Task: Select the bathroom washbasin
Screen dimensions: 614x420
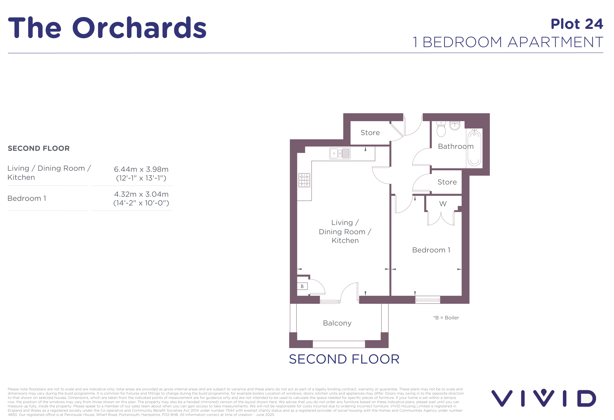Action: point(455,125)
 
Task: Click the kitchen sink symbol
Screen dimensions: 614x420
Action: point(340,153)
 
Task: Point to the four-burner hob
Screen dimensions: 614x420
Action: point(304,180)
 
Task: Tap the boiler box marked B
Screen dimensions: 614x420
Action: point(302,286)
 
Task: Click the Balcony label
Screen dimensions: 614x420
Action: point(337,323)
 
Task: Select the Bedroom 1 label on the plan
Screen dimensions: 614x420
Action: point(431,250)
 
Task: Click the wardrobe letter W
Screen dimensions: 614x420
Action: point(443,204)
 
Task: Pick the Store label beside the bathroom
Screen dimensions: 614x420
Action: point(447,182)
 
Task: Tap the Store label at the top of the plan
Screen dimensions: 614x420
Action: point(370,133)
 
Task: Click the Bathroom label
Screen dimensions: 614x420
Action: point(456,146)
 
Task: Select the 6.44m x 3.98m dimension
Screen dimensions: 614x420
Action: point(141,169)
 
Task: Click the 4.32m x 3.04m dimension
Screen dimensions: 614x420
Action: point(141,194)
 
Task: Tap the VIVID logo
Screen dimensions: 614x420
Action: point(544,398)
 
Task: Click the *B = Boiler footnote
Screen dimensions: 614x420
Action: point(446,318)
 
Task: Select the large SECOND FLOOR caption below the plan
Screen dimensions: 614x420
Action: point(344,359)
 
